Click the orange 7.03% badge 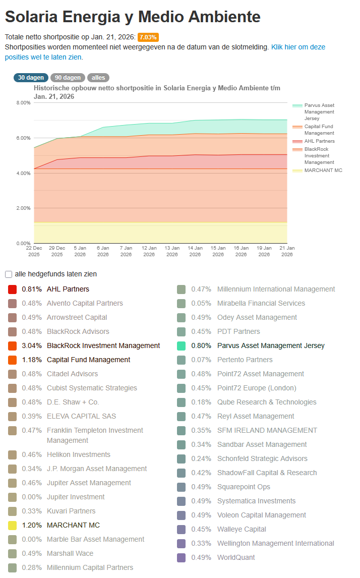point(148,37)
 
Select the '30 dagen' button point(31,78)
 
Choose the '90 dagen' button point(68,78)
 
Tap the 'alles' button point(98,78)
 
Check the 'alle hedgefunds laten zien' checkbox point(9,274)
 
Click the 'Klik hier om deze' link point(298,47)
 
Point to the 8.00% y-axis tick point(24,102)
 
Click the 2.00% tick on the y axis point(24,208)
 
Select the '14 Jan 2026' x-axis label point(195,251)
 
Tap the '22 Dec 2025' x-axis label point(34,251)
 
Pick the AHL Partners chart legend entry point(319,141)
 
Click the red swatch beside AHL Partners point(13,290)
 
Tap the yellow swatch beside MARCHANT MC point(13,526)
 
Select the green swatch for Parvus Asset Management point(182,346)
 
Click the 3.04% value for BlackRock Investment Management point(32,346)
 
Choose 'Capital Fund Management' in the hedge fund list point(88,360)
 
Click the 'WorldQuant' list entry point(236,558)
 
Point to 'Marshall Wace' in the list point(70,554)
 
